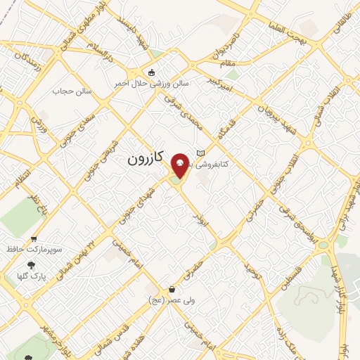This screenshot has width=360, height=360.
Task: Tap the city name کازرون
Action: pyautogui.click(x=145, y=160)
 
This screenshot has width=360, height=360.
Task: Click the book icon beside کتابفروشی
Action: pyautogui.click(x=200, y=153)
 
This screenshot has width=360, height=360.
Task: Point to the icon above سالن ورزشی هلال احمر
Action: pyautogui.click(x=150, y=72)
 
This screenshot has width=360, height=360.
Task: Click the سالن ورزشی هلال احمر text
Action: pyautogui.click(x=152, y=82)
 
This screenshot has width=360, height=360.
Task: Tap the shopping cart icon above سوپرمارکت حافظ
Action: pyautogui.click(x=34, y=239)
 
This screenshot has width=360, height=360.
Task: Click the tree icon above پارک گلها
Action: pyautogui.click(x=30, y=265)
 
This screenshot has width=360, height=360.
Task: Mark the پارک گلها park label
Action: pyautogui.click(x=32, y=276)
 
